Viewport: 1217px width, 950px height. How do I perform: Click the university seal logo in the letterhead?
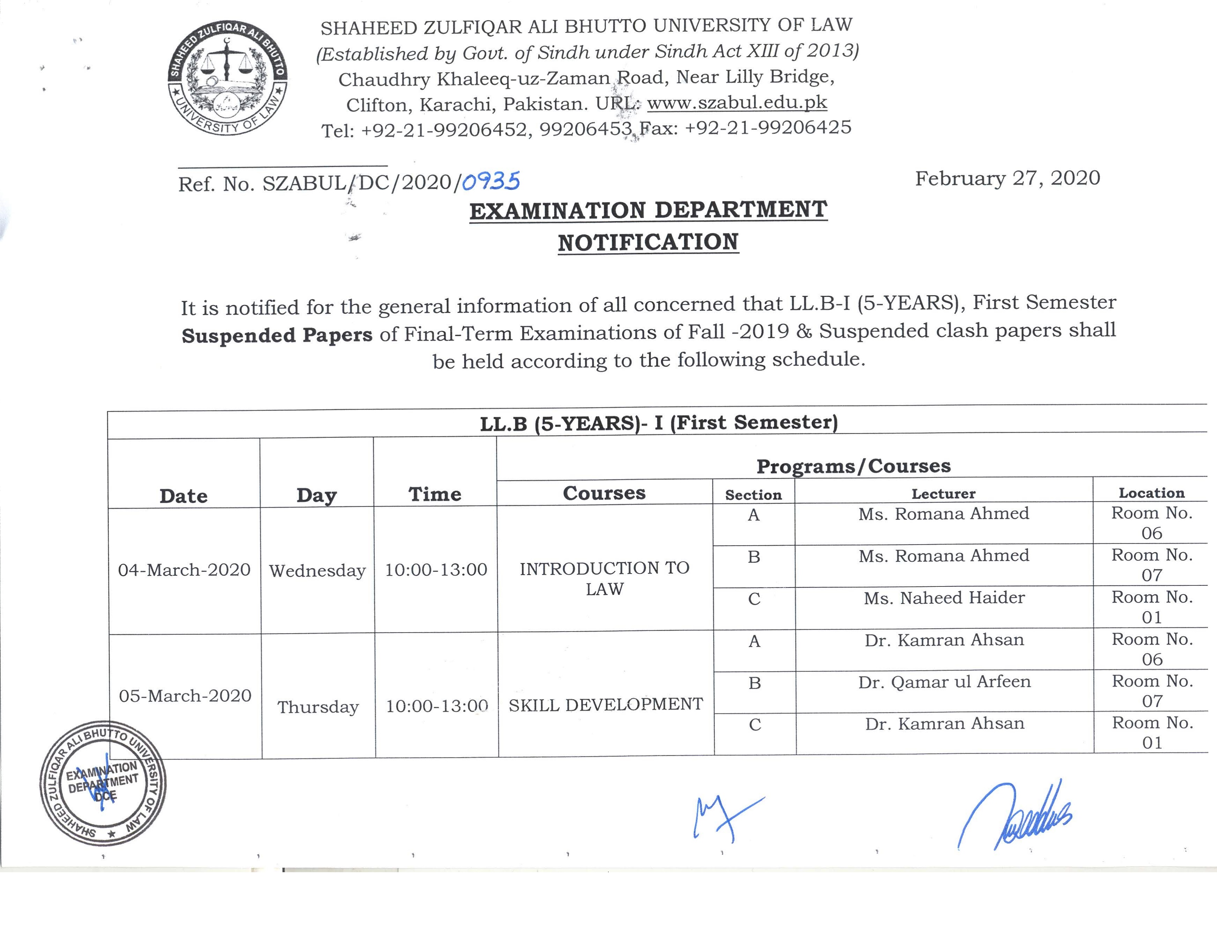click(x=227, y=78)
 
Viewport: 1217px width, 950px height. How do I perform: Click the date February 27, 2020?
click(x=1007, y=178)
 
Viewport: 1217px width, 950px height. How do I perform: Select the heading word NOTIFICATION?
click(x=648, y=242)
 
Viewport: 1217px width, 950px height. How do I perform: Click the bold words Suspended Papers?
click(x=277, y=335)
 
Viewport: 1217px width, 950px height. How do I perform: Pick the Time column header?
click(x=435, y=494)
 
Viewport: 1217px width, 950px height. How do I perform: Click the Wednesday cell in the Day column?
click(x=317, y=570)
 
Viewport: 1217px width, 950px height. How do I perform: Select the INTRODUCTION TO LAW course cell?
click(x=604, y=578)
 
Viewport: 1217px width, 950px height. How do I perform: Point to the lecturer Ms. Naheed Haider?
click(x=944, y=598)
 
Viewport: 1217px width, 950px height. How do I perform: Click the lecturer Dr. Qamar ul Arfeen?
click(x=944, y=682)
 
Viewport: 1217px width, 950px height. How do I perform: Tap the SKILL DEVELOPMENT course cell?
click(x=606, y=705)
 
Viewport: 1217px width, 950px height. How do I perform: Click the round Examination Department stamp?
click(x=103, y=783)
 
